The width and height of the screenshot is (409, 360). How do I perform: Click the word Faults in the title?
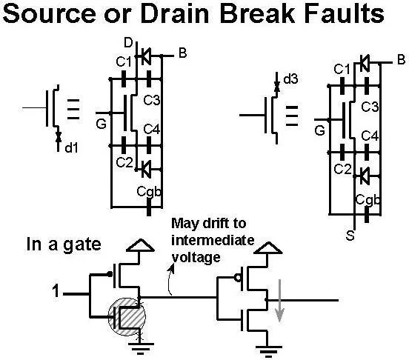tap(345, 13)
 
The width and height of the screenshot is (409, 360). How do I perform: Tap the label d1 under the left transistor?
tap(71, 148)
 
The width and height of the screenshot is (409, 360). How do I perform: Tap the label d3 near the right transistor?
tap(290, 79)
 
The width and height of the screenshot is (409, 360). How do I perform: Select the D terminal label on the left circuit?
tap(128, 43)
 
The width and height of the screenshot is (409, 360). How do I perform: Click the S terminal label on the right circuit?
tap(350, 236)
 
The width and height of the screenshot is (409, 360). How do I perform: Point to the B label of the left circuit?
tap(182, 53)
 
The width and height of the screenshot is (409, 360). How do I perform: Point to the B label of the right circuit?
tap(401, 59)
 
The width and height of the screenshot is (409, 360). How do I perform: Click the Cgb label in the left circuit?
tap(149, 192)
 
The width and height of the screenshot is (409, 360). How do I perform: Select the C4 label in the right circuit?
tap(370, 136)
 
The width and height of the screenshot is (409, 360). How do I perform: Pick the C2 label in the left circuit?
tap(124, 163)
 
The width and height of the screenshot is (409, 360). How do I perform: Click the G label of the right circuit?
tap(320, 130)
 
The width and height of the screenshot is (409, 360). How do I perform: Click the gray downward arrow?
tap(279, 300)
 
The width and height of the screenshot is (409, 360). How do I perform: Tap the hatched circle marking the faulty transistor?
tap(127, 317)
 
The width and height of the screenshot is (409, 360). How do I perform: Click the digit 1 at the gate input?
tap(56, 291)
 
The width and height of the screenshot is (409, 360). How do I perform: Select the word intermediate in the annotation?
tap(213, 240)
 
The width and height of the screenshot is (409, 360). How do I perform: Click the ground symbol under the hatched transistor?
tap(141, 349)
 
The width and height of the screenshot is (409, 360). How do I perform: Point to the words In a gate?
tap(64, 245)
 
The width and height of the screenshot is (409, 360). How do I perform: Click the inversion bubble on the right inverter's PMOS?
tap(238, 278)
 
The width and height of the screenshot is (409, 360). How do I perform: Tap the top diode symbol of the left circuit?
tap(146, 56)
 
